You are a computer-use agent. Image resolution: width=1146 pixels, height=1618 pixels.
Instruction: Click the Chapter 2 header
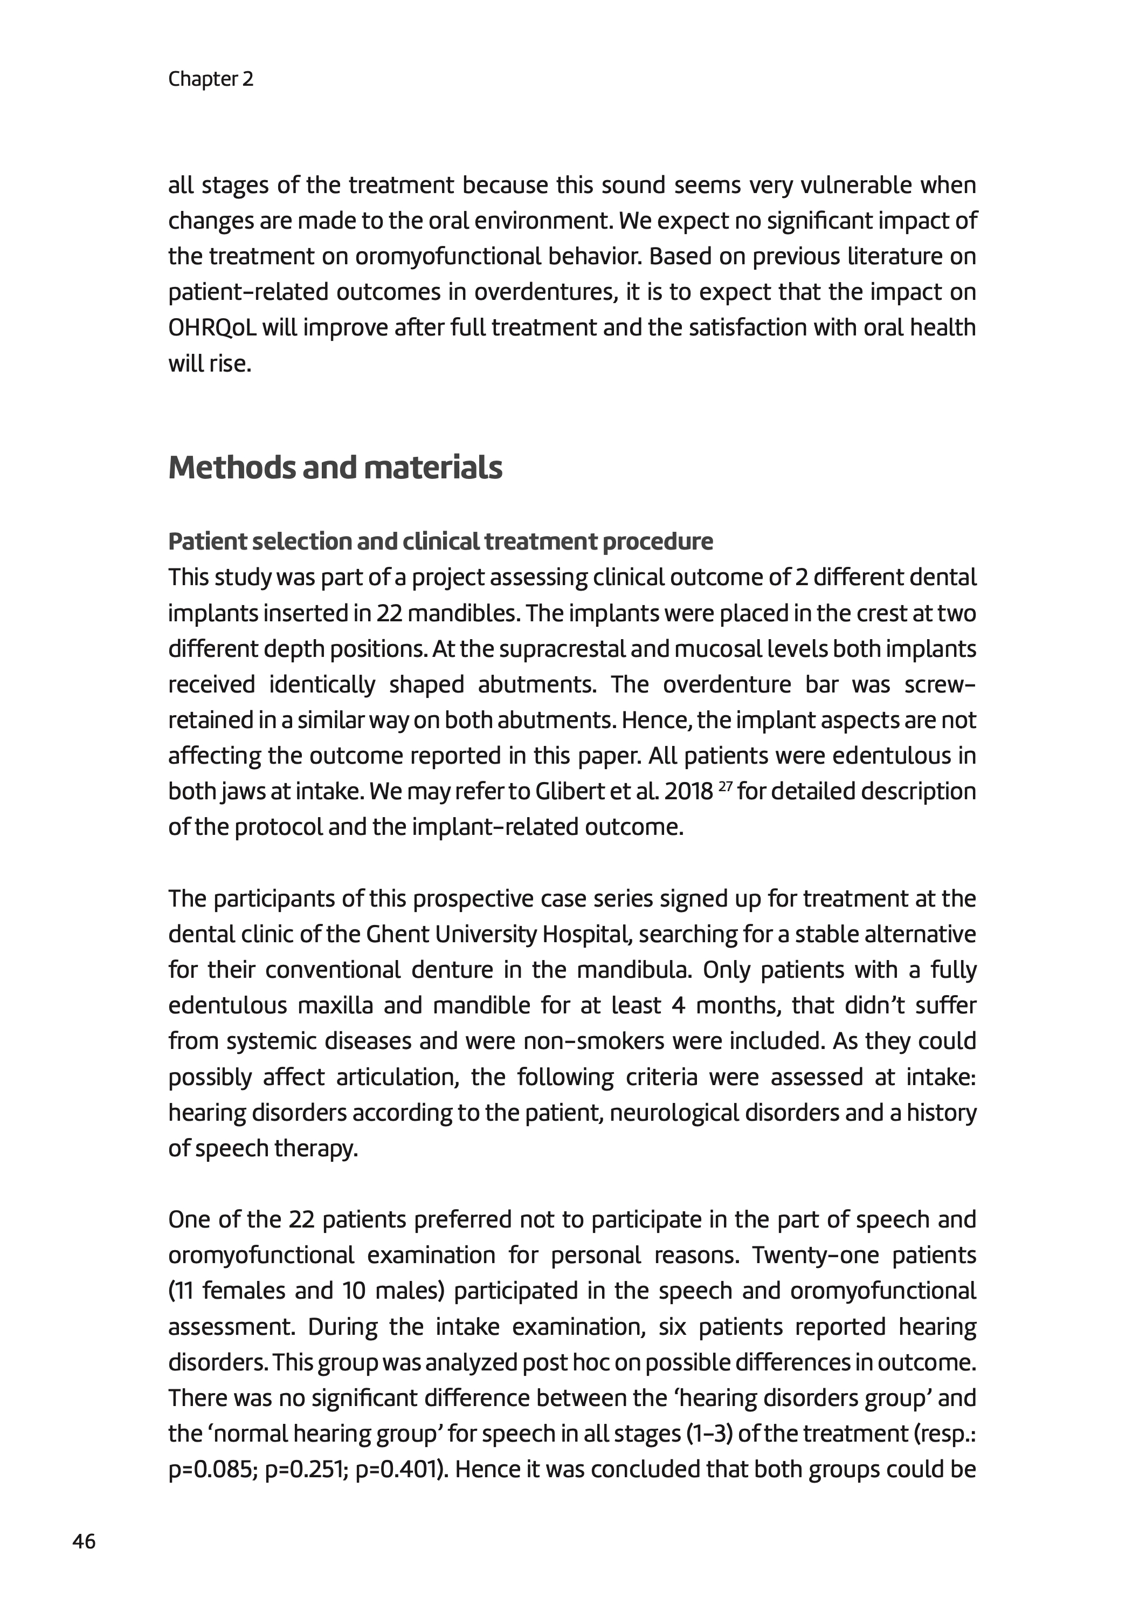click(210, 79)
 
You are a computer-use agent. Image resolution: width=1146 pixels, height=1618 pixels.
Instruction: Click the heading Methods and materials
click(335, 467)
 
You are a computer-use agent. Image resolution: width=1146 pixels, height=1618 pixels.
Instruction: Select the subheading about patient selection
click(440, 541)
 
